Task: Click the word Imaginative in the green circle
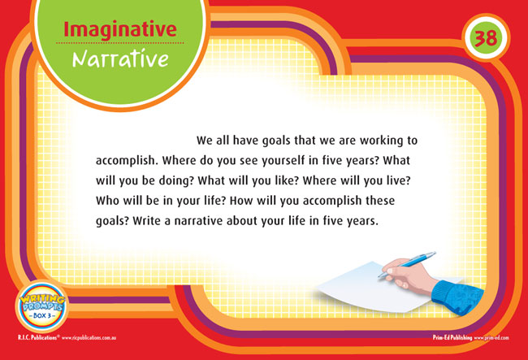coord(120,30)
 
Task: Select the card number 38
coord(486,37)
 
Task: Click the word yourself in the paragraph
coord(283,161)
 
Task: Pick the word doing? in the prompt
coord(177,181)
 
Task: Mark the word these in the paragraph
coord(380,201)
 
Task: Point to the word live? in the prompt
coord(399,180)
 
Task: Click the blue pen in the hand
coord(407,264)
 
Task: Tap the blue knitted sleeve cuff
coord(457,297)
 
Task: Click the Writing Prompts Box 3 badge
coord(41,307)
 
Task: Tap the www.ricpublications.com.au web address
coord(89,338)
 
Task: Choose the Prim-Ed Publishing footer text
coord(452,337)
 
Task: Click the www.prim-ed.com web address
coord(491,338)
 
